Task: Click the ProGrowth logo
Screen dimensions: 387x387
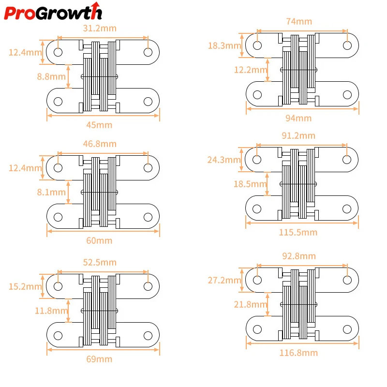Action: (x=53, y=11)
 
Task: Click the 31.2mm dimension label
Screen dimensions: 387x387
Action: (x=100, y=29)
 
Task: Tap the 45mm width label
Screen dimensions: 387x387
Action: (x=99, y=125)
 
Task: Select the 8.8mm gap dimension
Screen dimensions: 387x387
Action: (x=51, y=76)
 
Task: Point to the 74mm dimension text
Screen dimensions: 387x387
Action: (x=299, y=21)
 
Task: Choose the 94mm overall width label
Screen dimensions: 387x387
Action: (x=298, y=118)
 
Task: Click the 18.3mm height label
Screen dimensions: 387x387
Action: (x=224, y=45)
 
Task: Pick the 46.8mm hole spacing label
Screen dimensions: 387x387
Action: (x=100, y=144)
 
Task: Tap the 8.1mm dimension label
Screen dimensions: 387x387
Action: (x=51, y=192)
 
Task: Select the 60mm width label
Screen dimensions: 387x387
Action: (x=99, y=240)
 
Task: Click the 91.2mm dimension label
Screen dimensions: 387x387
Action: (x=298, y=135)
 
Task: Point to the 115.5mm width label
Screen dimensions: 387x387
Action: (x=298, y=232)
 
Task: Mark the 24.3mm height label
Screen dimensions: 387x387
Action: (x=224, y=160)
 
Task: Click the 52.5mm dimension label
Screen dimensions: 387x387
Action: (x=100, y=262)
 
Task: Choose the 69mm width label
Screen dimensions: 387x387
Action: (x=99, y=359)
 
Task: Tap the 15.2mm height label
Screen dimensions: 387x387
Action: (x=25, y=286)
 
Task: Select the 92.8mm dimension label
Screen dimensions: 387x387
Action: (x=299, y=256)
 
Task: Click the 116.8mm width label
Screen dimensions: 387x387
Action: (x=298, y=353)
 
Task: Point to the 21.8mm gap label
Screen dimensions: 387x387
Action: (x=251, y=304)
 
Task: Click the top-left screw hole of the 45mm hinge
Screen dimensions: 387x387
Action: (x=58, y=52)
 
